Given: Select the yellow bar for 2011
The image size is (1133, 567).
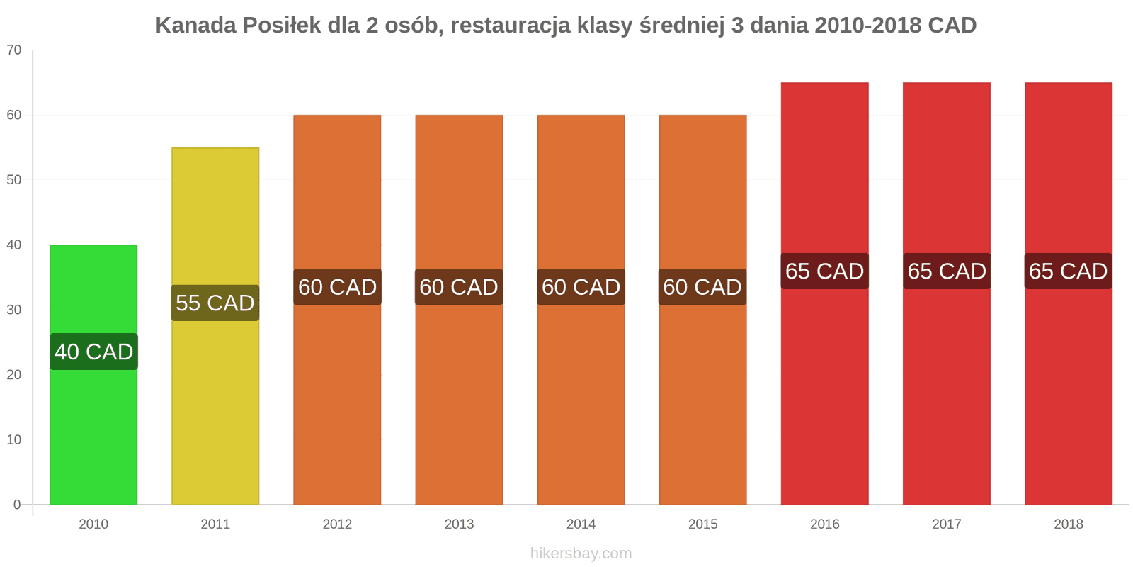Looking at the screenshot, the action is click(x=215, y=397).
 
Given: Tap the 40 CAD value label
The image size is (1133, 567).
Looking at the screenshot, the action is click(x=94, y=352).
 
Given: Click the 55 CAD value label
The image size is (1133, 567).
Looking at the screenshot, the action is click(x=215, y=303).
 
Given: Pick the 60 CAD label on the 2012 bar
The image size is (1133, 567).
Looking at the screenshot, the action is click(x=338, y=287).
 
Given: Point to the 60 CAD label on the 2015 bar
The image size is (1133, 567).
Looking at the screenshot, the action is click(x=702, y=287).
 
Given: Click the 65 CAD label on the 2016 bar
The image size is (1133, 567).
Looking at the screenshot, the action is click(x=824, y=271).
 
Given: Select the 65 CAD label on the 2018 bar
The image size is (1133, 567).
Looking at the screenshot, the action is click(x=1068, y=271).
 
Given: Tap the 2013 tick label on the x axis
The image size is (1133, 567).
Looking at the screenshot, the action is click(x=459, y=524).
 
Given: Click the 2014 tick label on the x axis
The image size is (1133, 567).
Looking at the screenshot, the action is click(x=581, y=524).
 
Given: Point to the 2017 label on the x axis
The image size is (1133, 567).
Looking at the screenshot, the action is click(x=947, y=524).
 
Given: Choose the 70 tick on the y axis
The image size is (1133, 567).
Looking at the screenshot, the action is click(x=14, y=50).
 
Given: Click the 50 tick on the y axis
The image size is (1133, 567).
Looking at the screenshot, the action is click(x=14, y=180).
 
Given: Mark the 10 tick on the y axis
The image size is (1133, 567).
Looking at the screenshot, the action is click(x=14, y=440).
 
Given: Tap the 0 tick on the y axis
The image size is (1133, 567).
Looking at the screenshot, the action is click(x=18, y=505).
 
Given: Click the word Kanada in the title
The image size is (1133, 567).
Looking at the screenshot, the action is click(x=195, y=26).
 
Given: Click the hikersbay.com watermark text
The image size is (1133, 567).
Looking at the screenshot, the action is click(x=581, y=554).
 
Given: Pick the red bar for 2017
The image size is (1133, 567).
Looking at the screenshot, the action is click(x=947, y=390).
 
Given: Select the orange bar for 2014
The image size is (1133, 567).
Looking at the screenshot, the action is click(x=581, y=397).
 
